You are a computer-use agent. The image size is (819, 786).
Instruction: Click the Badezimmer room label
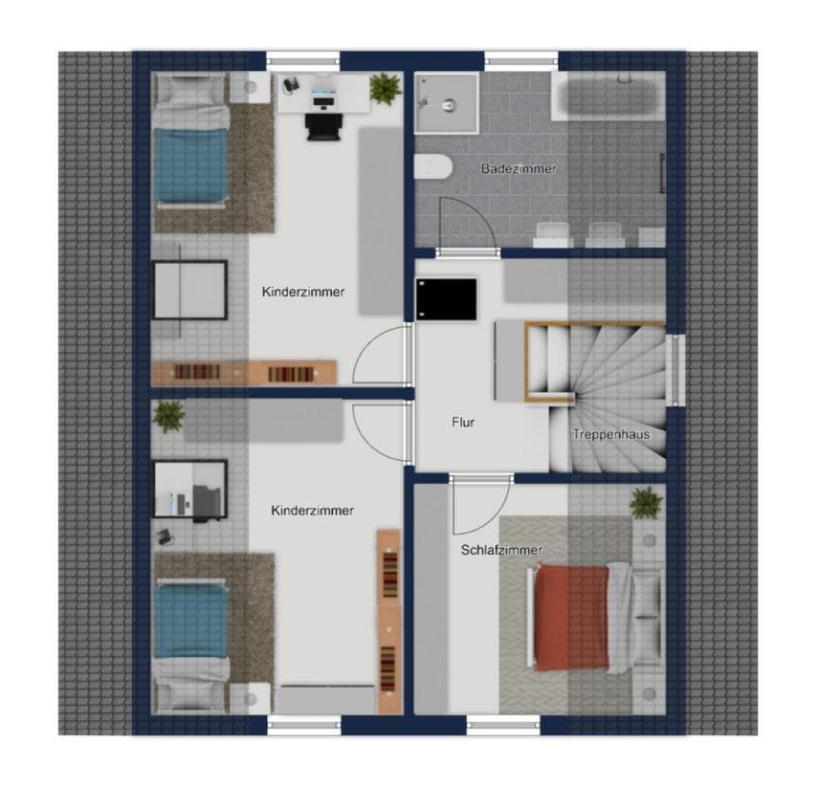(519, 169)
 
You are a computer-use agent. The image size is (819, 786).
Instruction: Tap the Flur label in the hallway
(463, 421)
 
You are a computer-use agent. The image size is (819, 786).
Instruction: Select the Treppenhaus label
(610, 435)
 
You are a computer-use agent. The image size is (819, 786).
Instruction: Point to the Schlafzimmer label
(500, 550)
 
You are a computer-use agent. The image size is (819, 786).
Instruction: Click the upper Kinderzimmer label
(303, 292)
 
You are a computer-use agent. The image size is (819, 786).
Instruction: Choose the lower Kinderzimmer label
(312, 510)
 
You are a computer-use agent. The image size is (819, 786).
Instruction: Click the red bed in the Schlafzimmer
(572, 617)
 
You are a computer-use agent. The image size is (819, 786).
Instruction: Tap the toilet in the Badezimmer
(433, 167)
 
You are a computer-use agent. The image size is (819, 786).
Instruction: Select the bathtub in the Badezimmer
(609, 97)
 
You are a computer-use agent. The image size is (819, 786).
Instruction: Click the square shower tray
(446, 102)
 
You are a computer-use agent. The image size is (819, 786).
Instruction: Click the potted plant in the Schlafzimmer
(646, 503)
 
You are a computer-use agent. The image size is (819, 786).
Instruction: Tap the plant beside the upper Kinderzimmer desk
(386, 88)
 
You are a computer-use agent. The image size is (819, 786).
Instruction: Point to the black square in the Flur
(446, 299)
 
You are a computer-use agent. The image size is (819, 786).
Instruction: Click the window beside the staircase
(676, 370)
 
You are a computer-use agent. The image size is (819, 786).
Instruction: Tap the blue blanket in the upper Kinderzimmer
(191, 166)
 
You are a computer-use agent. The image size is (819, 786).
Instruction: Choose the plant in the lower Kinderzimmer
(170, 417)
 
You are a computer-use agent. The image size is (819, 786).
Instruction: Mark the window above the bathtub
(521, 62)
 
